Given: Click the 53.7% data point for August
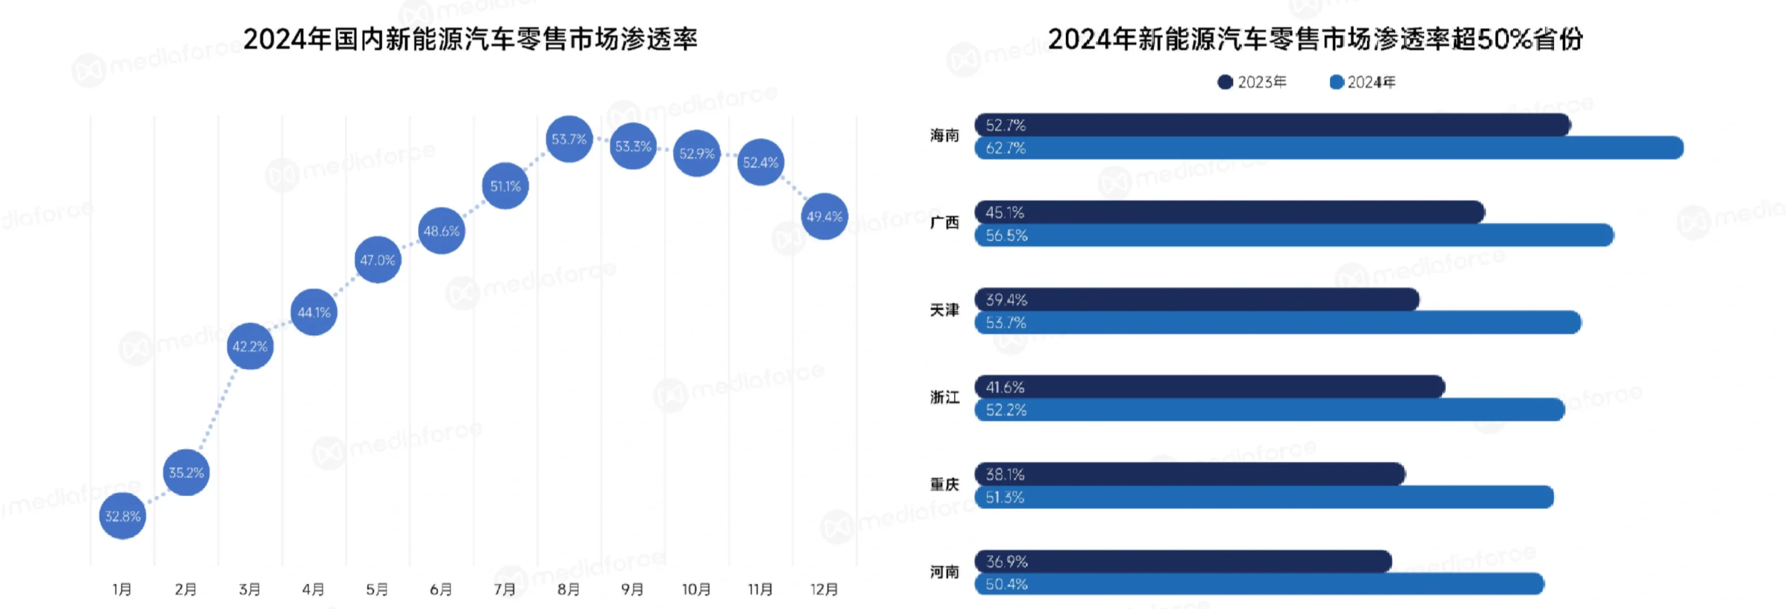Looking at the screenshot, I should point(569,139).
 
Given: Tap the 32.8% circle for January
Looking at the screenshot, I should point(123,516).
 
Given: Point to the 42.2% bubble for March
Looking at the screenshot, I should point(250,346).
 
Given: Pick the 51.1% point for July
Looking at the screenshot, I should point(505,186).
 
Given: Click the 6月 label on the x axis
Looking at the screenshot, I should point(441,589).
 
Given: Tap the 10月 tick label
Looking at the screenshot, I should point(696,589).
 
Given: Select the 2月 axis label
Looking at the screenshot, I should point(186,589).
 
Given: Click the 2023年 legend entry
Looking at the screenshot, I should point(1252,82).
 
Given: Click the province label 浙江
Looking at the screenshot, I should point(945,398).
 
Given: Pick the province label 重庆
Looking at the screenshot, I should point(945,485).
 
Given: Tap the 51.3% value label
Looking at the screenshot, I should point(1005,497).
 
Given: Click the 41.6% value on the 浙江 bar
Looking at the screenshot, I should point(1005,387).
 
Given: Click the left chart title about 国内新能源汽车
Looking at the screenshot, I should point(470,39).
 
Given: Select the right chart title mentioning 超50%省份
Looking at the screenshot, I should point(1315,39).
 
